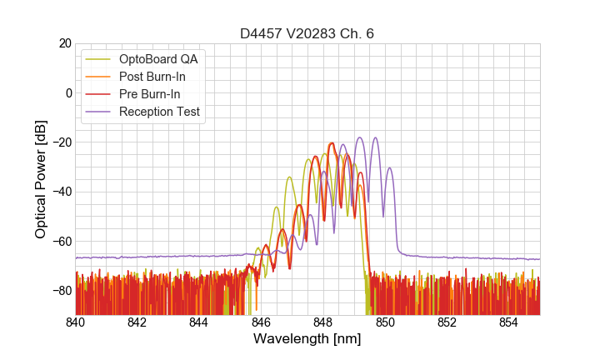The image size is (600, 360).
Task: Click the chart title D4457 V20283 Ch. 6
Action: tap(307, 33)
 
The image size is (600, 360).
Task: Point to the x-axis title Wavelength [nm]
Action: tap(307, 339)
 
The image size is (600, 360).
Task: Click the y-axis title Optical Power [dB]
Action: tap(40, 179)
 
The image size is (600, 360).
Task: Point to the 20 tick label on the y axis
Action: tap(64, 43)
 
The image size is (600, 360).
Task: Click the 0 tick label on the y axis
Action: tap(67, 92)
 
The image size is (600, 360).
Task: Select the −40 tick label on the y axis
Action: tap(61, 192)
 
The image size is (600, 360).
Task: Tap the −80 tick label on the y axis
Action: tap(61, 291)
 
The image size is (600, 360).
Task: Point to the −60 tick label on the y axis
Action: tap(61, 242)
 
